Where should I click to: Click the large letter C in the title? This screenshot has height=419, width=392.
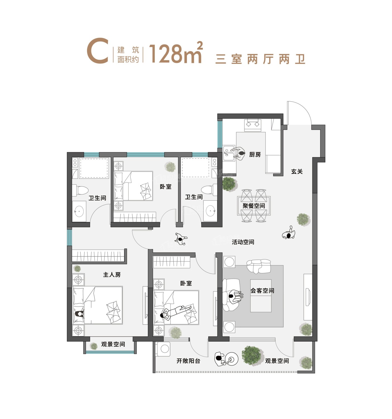click(x=97, y=51)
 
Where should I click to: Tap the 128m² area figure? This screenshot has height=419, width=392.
click(x=176, y=53)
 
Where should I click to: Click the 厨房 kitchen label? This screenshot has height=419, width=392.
click(x=255, y=155)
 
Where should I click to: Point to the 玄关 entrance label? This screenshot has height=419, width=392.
click(x=297, y=172)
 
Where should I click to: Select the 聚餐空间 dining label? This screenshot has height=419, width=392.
click(x=254, y=206)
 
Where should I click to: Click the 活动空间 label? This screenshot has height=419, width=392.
click(x=243, y=242)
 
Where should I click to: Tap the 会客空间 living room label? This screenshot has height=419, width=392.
click(x=262, y=291)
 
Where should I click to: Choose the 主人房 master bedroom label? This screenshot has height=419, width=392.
click(x=112, y=275)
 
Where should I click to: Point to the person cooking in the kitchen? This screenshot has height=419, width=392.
click(x=238, y=153)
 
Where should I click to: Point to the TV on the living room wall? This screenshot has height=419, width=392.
click(x=308, y=297)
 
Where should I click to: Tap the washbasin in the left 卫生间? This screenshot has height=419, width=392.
click(x=79, y=211)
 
